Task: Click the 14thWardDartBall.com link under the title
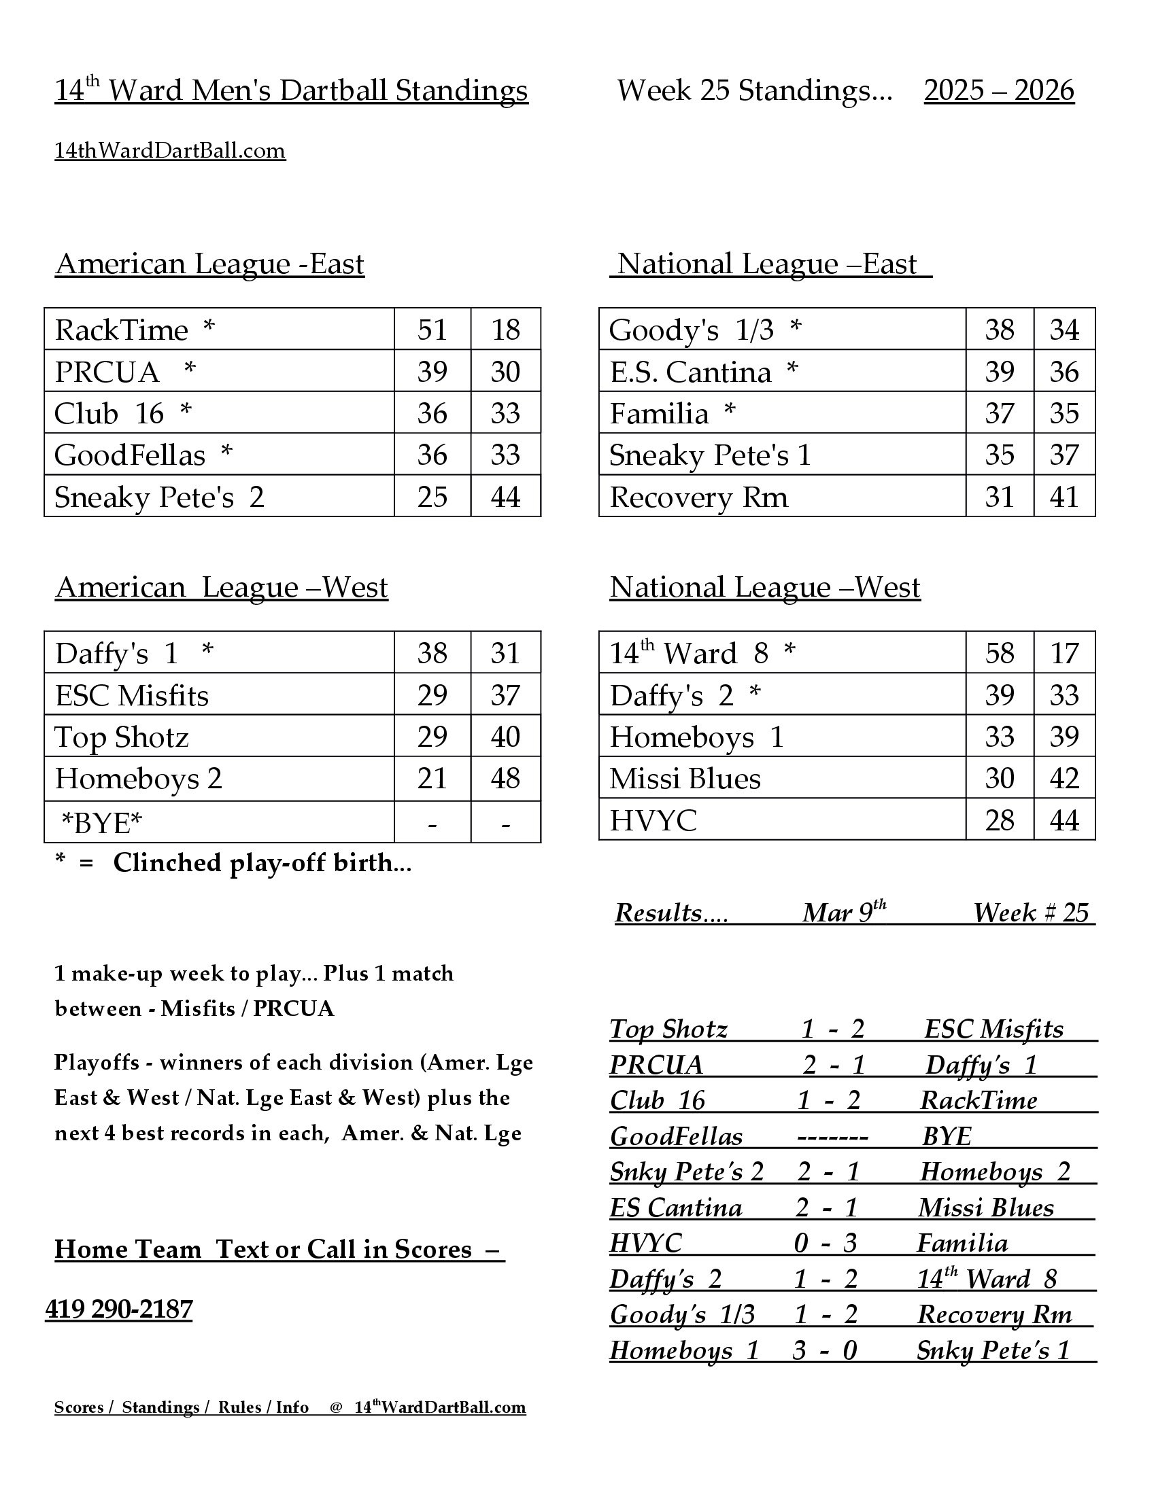click(170, 151)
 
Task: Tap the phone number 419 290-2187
click(119, 1309)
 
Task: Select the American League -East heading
click(209, 264)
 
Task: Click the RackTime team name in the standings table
click(121, 330)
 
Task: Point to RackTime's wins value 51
click(432, 330)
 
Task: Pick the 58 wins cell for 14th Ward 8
click(999, 653)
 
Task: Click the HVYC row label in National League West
click(653, 820)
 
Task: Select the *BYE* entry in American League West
click(101, 823)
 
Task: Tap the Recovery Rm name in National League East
click(698, 497)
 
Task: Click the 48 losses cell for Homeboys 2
click(505, 778)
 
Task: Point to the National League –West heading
click(765, 587)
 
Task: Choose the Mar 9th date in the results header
click(844, 913)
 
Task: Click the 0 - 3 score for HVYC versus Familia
click(826, 1242)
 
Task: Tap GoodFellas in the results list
click(676, 1136)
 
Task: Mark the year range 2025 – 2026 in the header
click(998, 90)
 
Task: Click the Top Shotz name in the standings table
click(121, 737)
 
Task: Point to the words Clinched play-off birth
click(262, 863)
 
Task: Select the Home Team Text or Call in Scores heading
click(279, 1249)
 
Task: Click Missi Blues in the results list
click(985, 1208)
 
